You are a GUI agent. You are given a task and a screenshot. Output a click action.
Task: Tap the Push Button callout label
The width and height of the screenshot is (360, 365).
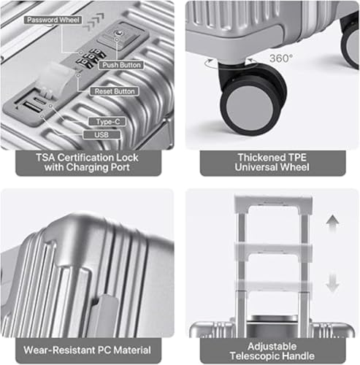tap(121, 65)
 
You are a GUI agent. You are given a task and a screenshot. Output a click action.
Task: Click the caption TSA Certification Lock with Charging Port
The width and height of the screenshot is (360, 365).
tap(87, 163)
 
